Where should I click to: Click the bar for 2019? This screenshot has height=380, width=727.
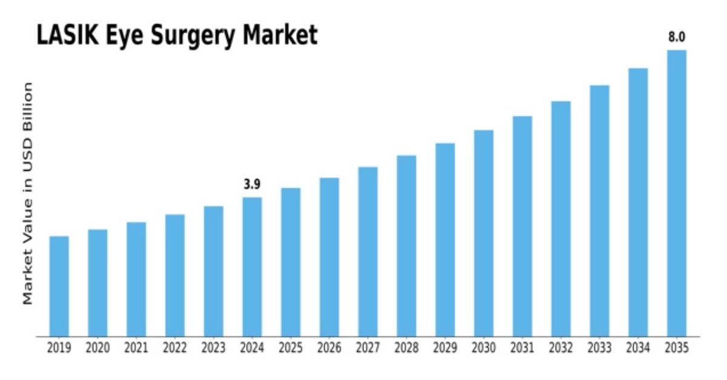point(59,286)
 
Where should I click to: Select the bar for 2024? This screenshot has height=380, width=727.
point(252,266)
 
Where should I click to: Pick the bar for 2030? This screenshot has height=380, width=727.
point(483,233)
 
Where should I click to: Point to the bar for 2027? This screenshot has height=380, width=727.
point(368,251)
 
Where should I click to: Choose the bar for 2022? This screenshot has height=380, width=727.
point(174,275)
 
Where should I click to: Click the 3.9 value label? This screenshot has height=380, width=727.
point(252,185)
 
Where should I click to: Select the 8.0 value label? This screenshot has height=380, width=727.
point(676,38)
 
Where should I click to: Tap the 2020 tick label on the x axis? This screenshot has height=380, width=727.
point(98,348)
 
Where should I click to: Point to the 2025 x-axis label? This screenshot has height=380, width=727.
point(291,348)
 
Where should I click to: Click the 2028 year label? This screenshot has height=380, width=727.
point(407,348)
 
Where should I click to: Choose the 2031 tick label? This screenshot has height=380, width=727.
point(522,348)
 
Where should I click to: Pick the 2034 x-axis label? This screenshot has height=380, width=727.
point(638,348)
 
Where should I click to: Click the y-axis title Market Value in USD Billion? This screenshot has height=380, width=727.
point(28,194)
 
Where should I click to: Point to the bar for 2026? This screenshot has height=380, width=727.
point(329,257)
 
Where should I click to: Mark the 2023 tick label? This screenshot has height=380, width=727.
point(213,348)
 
